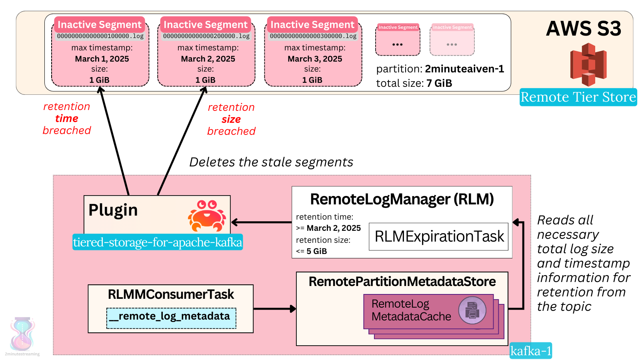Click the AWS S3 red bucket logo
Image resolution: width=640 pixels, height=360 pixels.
pos(588,64)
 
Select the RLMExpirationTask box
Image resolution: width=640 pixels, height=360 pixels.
pos(438,236)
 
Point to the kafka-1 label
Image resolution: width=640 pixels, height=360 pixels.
pos(530,351)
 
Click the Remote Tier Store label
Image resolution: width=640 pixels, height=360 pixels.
pos(578,97)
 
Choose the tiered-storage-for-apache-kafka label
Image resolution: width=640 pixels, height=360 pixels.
pos(158,242)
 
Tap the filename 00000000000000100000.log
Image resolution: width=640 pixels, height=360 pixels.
pos(100,36)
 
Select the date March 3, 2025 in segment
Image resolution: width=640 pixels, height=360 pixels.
pos(315,59)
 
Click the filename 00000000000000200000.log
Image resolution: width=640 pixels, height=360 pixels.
pos(206,36)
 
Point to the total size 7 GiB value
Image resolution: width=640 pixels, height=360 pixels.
pos(439,83)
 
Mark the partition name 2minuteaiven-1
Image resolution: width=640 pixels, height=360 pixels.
pos(464,69)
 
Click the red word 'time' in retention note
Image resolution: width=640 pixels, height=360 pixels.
pos(67,118)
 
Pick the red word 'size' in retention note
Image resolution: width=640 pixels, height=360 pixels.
pos(231,119)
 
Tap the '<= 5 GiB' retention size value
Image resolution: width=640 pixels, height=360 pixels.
pos(312,251)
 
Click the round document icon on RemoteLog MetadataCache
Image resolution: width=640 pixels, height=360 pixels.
pos(472,310)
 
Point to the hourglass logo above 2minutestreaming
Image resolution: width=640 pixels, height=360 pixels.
pos(22,334)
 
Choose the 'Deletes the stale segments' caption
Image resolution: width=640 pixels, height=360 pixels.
pos(271,162)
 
